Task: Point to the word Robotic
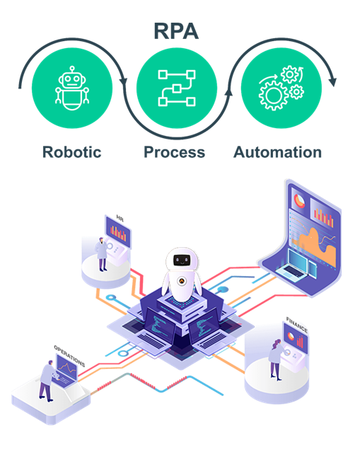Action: click(72, 152)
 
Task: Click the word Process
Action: click(174, 152)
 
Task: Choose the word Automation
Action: click(277, 152)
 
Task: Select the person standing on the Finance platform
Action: click(274, 357)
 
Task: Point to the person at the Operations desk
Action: click(47, 379)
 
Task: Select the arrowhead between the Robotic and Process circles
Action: click(124, 79)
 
